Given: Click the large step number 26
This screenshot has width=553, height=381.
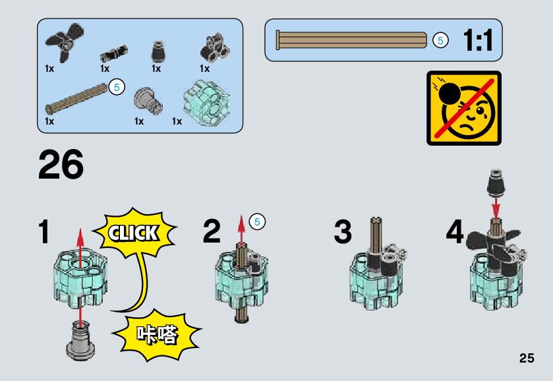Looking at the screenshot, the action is click(61, 164).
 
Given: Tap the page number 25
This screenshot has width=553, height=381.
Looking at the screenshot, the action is click(526, 359).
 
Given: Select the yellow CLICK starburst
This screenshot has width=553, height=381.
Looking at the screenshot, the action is click(134, 233).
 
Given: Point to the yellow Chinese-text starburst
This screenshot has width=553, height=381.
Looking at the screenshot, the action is click(157, 335).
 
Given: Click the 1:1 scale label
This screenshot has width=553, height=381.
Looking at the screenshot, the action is click(477, 41).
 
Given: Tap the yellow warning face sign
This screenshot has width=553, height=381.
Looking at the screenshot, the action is click(464, 107).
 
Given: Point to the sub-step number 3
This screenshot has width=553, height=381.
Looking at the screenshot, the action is click(343, 232).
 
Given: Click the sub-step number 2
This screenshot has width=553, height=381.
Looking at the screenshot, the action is click(212, 232).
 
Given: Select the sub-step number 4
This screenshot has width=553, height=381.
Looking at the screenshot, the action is click(455, 232).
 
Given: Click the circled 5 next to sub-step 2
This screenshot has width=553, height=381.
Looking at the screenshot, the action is click(258, 222).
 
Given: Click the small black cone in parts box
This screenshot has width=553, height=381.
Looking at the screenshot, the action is click(158, 51).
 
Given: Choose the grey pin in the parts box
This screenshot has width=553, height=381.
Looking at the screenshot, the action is click(146, 101).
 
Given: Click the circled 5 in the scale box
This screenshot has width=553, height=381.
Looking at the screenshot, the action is click(440, 40).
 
